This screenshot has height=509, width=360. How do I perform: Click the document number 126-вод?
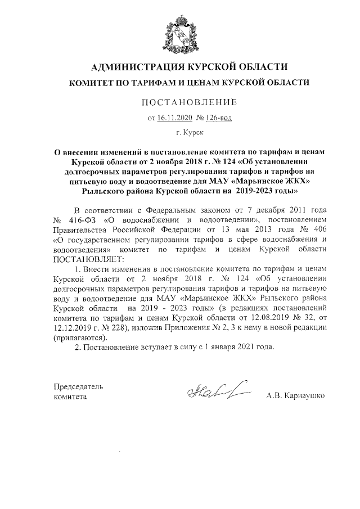[218, 118]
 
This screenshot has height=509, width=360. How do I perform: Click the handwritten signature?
[213, 392]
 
